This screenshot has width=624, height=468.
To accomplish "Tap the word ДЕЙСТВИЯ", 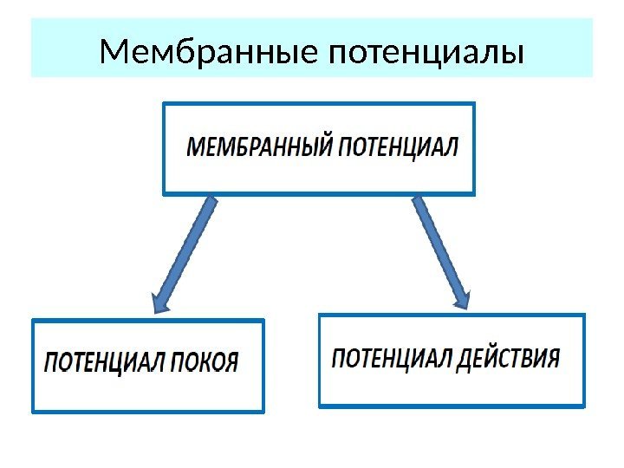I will [510, 356].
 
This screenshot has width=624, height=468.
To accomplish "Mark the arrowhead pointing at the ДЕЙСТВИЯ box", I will [459, 296].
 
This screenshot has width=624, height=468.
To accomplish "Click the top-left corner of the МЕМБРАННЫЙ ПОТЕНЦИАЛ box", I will [164, 104].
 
